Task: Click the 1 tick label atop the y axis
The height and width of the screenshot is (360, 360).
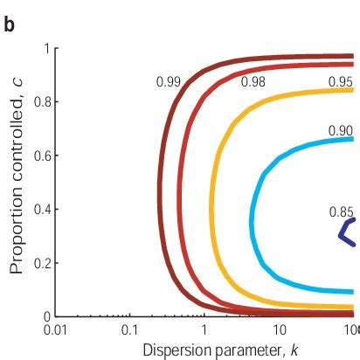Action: tap(43, 48)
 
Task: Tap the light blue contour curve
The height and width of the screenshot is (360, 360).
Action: tap(253, 218)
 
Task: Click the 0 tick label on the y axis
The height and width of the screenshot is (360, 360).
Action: tap(43, 316)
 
